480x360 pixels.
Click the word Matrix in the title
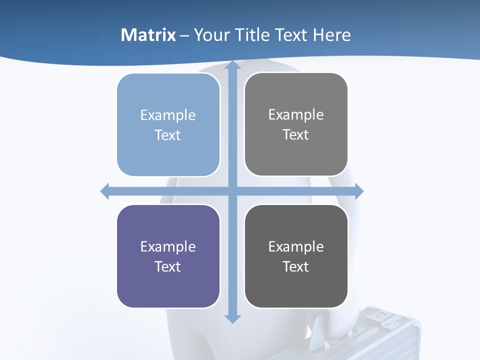[x=148, y=35]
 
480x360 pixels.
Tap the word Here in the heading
[x=331, y=35]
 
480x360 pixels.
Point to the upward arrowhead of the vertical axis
[x=232, y=65]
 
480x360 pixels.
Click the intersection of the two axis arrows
[x=232, y=191]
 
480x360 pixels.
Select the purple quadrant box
[x=168, y=285]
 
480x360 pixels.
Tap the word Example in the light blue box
[x=168, y=115]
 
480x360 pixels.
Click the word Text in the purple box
[x=168, y=266]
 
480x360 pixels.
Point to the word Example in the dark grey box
[x=296, y=246]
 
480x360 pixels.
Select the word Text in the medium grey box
[x=296, y=134]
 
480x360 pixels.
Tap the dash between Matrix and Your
[x=184, y=35]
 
